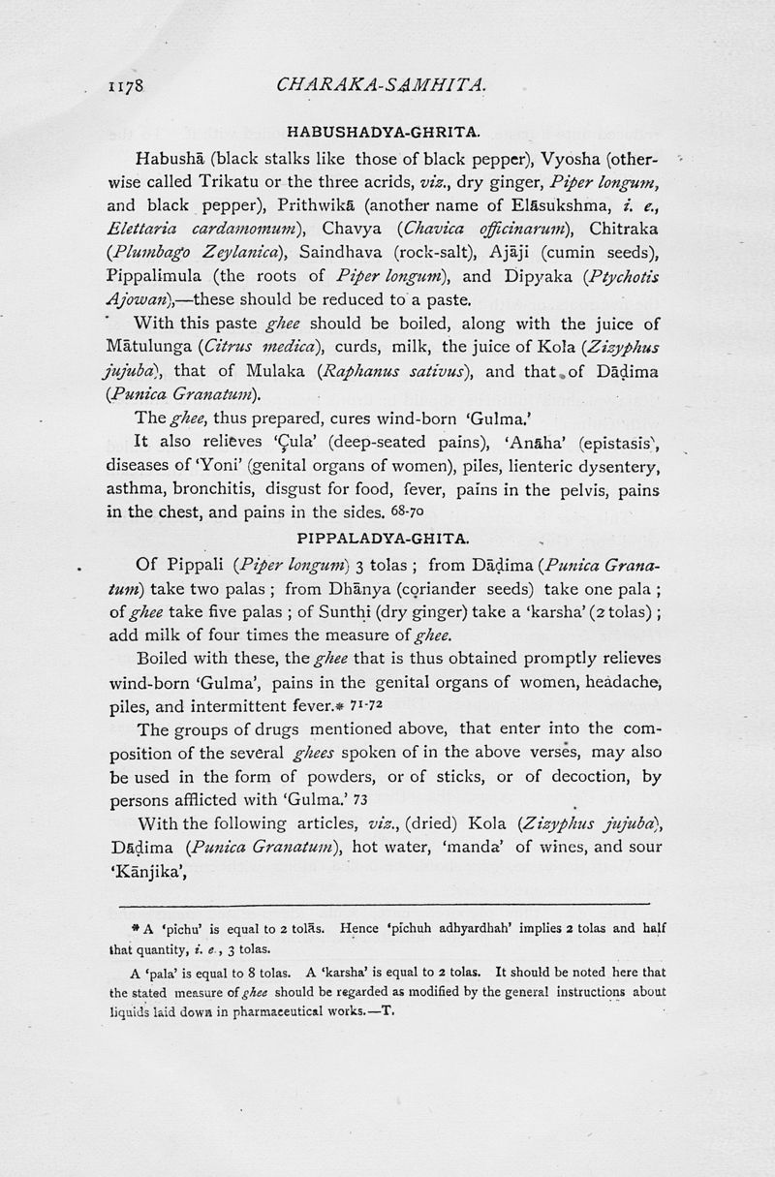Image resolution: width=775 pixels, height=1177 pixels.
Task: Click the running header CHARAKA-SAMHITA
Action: click(x=380, y=85)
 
